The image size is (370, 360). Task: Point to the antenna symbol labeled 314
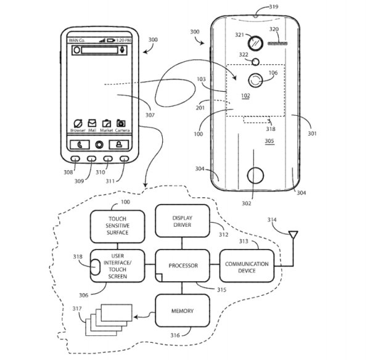[294, 235]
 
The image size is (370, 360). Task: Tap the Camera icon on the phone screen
[121, 123]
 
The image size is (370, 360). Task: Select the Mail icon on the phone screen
[92, 123]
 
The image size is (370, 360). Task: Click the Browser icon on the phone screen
[78, 123]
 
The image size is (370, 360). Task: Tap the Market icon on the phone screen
[106, 123]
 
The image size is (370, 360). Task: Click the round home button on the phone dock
[99, 145]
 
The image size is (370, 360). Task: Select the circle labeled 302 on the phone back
[253, 175]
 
